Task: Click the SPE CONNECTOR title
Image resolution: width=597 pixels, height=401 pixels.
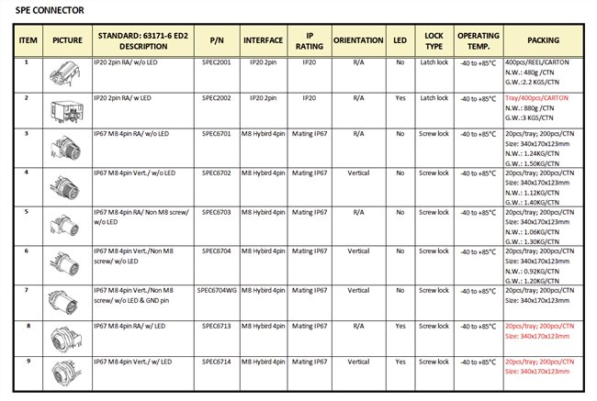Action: pos(51,11)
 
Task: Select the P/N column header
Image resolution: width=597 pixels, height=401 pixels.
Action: pos(217,41)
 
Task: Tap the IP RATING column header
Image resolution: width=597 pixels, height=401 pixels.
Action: pos(310,41)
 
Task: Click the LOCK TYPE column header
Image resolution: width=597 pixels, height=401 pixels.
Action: pos(434,41)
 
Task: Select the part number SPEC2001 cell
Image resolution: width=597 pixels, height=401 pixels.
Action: pos(217,62)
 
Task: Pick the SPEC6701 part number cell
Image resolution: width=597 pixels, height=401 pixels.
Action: pos(217,134)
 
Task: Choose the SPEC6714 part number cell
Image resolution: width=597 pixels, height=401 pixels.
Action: pos(217,362)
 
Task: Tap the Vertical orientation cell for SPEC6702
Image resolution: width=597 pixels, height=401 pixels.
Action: pos(358,172)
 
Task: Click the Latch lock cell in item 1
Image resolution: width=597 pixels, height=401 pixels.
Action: pos(434,62)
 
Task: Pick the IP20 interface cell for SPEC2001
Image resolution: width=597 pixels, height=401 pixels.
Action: pos(263,62)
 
